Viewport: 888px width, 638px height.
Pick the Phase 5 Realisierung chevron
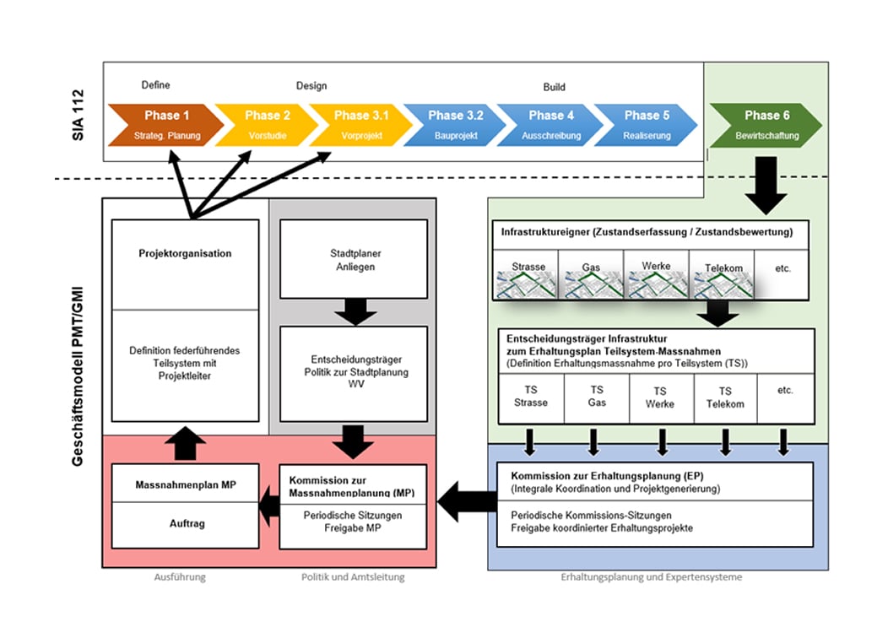(645, 124)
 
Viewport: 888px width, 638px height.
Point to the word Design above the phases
(311, 86)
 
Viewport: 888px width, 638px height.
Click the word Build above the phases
(554, 87)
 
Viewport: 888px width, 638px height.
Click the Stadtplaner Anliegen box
(354, 259)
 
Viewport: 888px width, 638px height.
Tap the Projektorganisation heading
(186, 253)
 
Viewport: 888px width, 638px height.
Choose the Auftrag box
(186, 524)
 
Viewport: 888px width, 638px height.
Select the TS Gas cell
(597, 397)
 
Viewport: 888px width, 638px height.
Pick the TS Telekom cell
(725, 397)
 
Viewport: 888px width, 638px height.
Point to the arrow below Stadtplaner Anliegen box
(354, 311)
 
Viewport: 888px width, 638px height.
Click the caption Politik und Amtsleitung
(353, 577)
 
